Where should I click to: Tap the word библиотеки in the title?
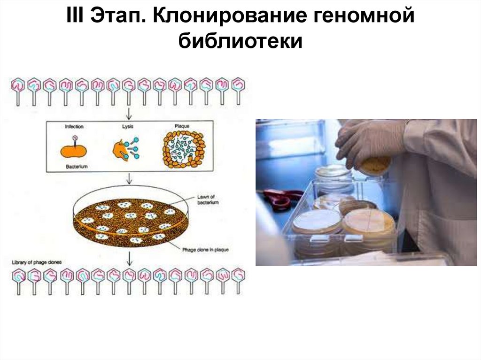(240, 41)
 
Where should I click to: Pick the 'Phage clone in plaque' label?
(205, 250)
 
